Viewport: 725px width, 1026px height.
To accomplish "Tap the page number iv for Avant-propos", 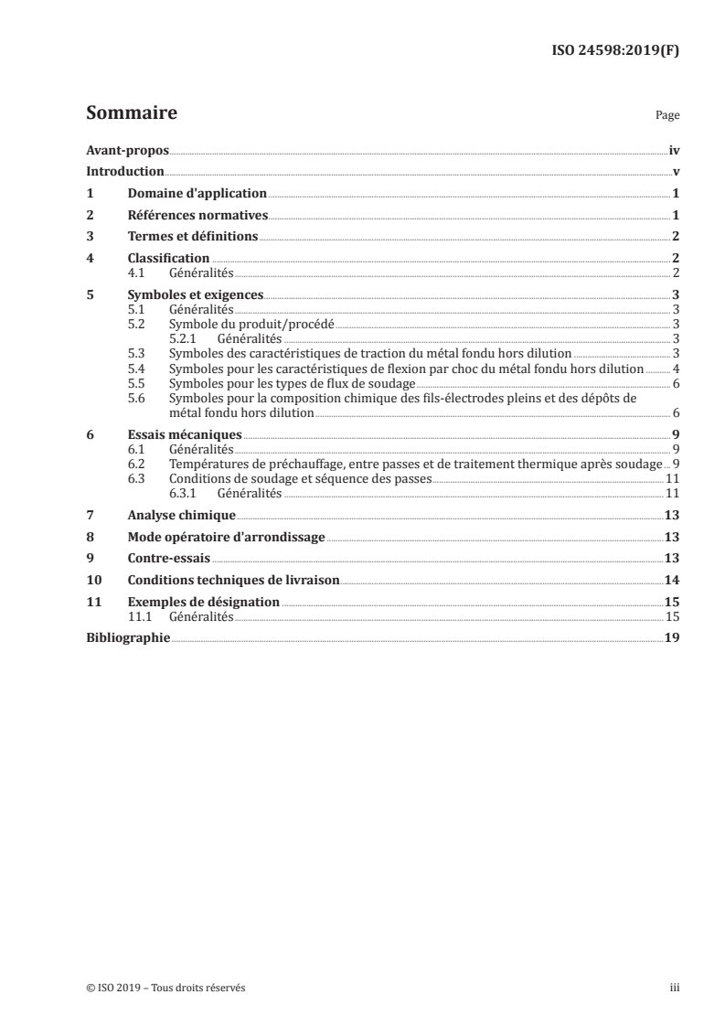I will (x=674, y=150).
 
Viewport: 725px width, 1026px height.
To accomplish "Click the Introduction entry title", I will (x=125, y=172).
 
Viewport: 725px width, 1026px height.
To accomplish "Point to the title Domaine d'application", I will (x=197, y=193).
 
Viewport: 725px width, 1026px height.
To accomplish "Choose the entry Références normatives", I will (x=197, y=215).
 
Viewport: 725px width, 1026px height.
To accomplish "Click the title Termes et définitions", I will (x=193, y=237).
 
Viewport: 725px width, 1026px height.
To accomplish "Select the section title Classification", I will (x=168, y=258).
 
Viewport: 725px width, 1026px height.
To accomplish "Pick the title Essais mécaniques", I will (x=185, y=434).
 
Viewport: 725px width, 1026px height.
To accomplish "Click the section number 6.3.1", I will (x=185, y=492).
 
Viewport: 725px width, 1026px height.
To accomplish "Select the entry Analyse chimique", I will (x=182, y=515).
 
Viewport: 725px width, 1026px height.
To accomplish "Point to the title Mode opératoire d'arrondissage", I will (x=226, y=537).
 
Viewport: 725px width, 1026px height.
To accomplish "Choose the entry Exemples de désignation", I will (x=203, y=603).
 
